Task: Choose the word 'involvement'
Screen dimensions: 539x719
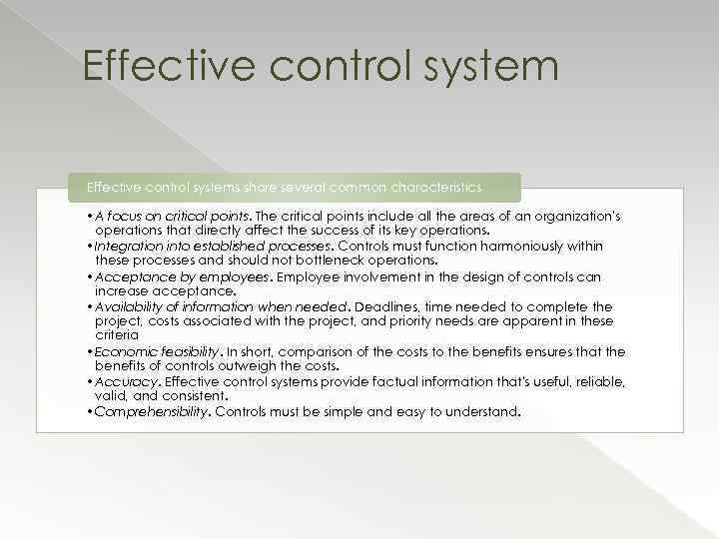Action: tap(380, 276)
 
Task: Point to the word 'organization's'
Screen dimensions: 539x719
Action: tap(576, 217)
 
